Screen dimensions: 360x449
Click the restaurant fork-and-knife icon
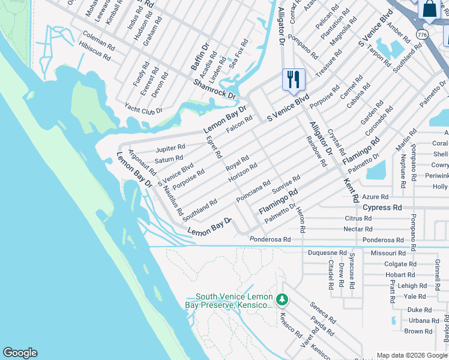pos(294,79)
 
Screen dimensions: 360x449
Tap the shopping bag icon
pos(430,9)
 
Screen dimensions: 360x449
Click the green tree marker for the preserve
pos(282,299)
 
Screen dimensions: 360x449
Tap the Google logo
pos(20,353)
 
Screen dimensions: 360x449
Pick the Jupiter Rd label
pos(170,148)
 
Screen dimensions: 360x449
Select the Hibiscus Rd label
pos(94,51)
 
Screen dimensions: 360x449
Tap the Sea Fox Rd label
pos(240,52)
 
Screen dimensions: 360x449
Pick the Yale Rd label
pos(414,296)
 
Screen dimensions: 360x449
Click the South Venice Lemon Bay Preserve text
pos(234,301)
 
